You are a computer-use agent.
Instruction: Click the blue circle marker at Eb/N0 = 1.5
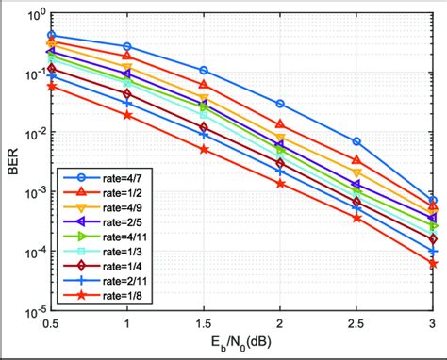[204, 71]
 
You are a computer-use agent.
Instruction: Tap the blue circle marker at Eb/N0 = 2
[280, 104]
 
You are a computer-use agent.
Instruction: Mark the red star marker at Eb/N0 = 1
[127, 115]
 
